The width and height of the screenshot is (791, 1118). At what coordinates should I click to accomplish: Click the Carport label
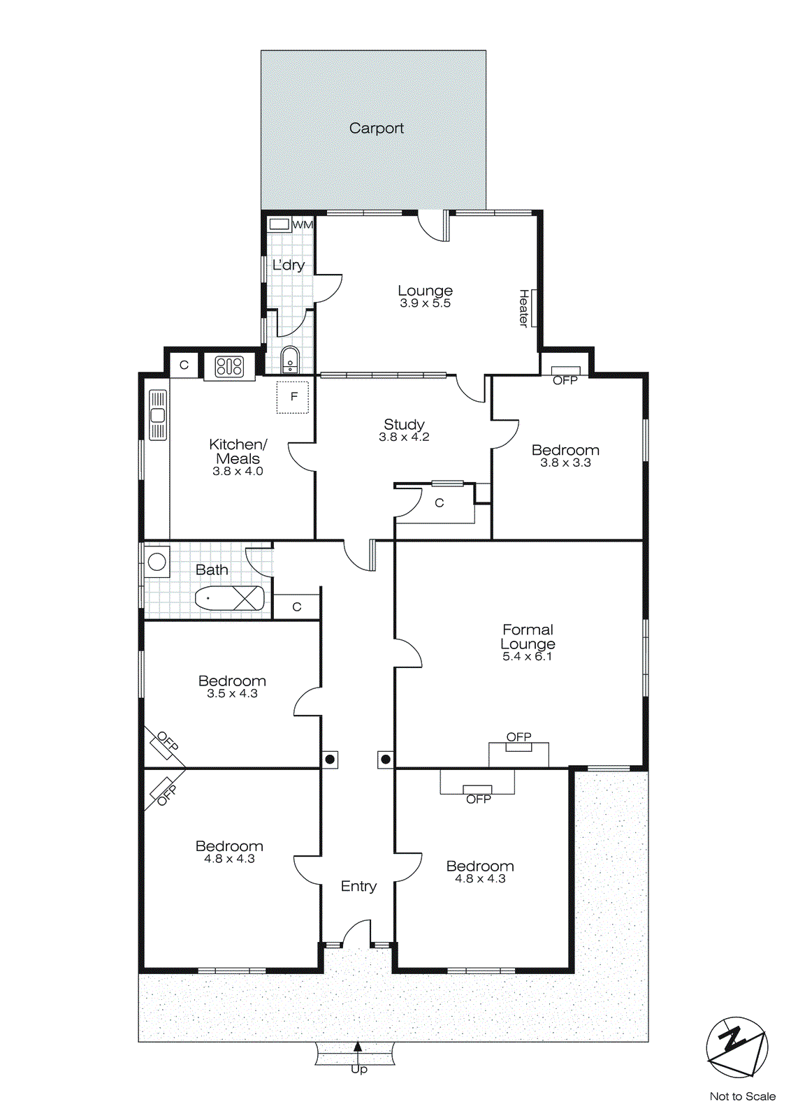pyautogui.click(x=376, y=129)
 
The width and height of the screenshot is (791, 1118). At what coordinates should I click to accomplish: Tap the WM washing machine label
pyautogui.click(x=303, y=225)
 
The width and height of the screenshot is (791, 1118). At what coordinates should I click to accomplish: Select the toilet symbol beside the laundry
pyautogui.click(x=290, y=360)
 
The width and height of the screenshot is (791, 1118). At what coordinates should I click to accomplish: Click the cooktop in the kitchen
pyautogui.click(x=229, y=367)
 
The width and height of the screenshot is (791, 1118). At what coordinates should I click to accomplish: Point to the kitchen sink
pyautogui.click(x=158, y=415)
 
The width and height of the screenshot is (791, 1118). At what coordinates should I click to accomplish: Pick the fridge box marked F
pyautogui.click(x=293, y=397)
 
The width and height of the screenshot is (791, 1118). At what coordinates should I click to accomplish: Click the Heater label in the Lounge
pyautogui.click(x=523, y=308)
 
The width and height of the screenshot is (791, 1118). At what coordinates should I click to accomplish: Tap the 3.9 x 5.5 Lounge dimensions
pyautogui.click(x=425, y=303)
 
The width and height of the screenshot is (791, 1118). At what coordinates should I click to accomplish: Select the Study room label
pyautogui.click(x=404, y=424)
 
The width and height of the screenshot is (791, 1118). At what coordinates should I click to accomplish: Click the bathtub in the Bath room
pyautogui.click(x=229, y=599)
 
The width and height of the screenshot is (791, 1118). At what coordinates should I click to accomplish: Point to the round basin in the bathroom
pyautogui.click(x=157, y=561)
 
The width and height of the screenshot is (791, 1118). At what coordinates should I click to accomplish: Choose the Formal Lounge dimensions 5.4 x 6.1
pyautogui.click(x=527, y=657)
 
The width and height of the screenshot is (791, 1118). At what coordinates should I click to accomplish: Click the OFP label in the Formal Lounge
pyautogui.click(x=518, y=737)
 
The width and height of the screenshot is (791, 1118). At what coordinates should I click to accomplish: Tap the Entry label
pyautogui.click(x=358, y=886)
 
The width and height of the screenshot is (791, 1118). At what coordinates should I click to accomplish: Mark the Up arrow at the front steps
pyautogui.click(x=358, y=1047)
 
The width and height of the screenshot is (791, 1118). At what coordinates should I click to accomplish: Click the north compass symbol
pyautogui.click(x=736, y=1047)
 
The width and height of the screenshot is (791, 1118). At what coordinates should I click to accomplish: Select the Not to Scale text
pyautogui.click(x=742, y=1096)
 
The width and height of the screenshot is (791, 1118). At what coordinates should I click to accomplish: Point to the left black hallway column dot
pyautogui.click(x=330, y=759)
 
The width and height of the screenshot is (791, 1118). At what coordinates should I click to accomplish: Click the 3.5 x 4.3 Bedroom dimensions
pyautogui.click(x=232, y=694)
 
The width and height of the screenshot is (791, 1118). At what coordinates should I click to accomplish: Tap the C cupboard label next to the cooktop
pyautogui.click(x=184, y=365)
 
